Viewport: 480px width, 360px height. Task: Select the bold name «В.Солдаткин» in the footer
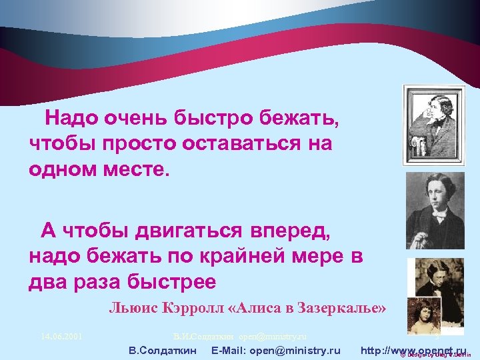pyautogui.click(x=162, y=350)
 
